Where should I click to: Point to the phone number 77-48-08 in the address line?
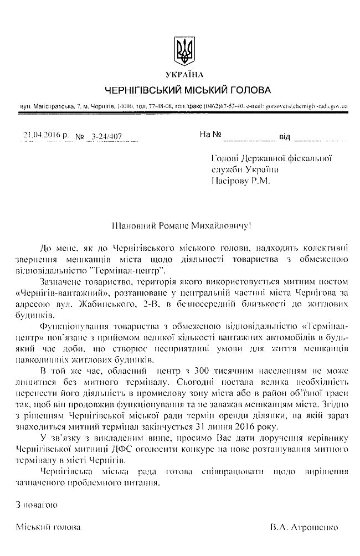tap(164, 105)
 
